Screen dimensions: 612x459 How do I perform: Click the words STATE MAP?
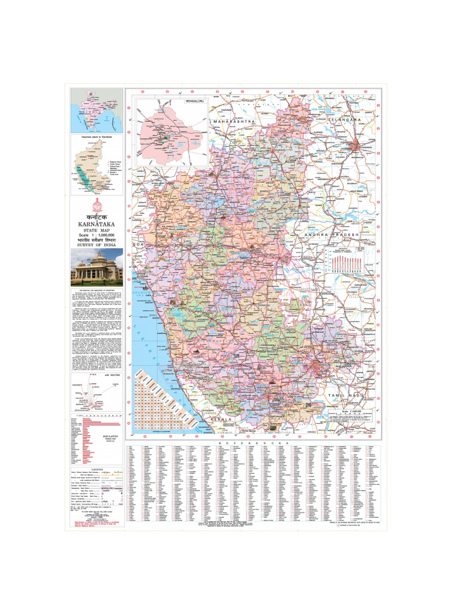(x=96, y=230)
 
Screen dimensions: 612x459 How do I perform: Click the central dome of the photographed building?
(x=96, y=259)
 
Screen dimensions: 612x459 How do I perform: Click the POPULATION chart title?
(x=111, y=437)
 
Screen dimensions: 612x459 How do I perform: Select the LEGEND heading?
(x=96, y=469)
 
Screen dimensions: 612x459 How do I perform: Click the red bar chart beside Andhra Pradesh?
(x=344, y=264)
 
